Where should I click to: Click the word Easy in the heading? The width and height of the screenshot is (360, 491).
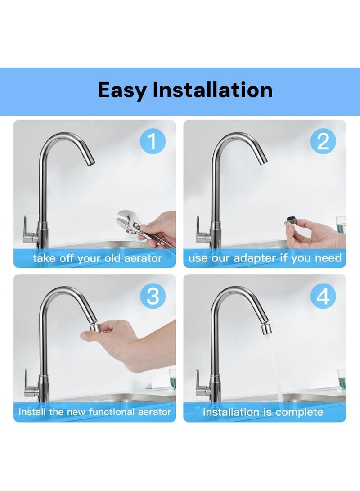122,90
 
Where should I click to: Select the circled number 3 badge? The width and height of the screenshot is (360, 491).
153,297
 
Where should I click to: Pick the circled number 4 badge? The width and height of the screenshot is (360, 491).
323,297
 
